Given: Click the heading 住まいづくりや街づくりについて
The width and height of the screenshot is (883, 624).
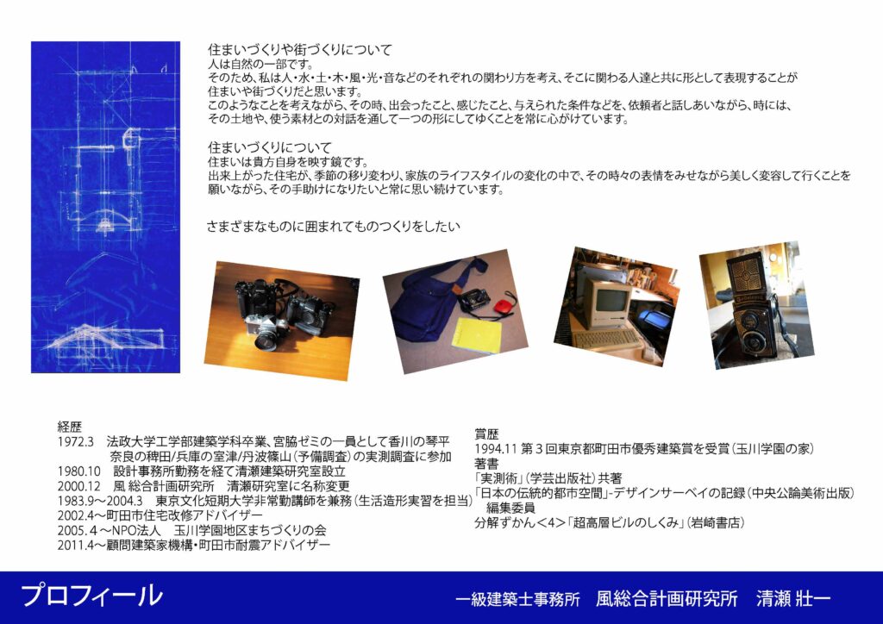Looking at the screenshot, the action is coord(299,50).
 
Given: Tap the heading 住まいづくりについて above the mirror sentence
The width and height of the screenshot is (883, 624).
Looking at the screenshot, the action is coord(270,148).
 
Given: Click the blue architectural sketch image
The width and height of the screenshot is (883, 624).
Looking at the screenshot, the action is coord(105,207).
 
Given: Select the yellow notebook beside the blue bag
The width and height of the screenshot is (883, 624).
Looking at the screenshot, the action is coord(476,335).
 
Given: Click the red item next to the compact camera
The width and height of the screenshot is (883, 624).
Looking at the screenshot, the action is coord(502,307).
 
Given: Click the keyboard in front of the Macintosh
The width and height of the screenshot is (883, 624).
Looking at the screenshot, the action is coord(605,340).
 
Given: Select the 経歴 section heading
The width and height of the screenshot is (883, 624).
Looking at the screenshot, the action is coord(70,427).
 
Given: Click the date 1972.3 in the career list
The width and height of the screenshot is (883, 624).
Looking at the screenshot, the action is coord(76,441).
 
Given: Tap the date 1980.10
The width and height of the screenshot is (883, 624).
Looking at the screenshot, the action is coord(78,471).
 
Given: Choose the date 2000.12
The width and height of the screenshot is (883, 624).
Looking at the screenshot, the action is coord(78,485).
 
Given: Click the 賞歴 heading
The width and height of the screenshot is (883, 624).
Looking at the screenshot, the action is coord(486,434).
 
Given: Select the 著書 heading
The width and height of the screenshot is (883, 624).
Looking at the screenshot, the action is coord(486,464).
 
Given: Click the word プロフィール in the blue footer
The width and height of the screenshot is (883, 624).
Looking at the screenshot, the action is coord(91,596).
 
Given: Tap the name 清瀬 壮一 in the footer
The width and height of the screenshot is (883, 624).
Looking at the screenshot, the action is coord(793,599).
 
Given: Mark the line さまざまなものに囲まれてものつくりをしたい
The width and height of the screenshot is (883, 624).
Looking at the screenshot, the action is coord(334,227).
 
